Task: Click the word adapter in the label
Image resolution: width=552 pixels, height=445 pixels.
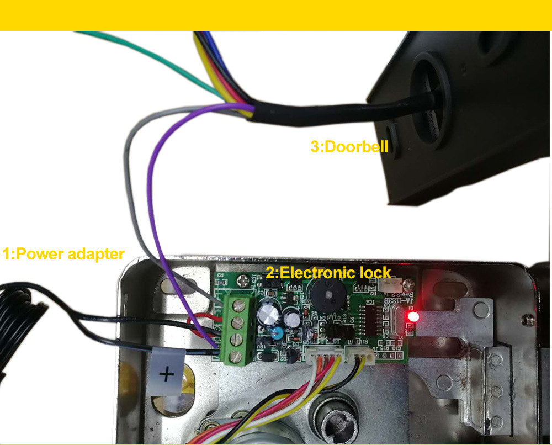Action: click(x=95, y=255)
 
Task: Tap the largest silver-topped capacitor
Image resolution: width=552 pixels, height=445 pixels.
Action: click(x=267, y=312)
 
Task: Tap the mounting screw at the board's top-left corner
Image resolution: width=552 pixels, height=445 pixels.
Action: click(x=242, y=281)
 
